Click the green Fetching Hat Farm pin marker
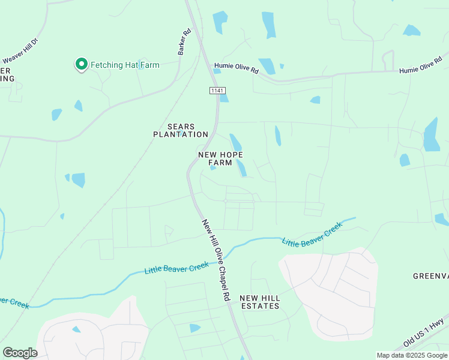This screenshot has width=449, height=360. [81, 64]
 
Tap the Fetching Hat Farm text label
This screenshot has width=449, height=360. [125, 65]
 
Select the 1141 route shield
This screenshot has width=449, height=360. [217, 90]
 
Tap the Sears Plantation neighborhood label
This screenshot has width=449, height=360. [179, 130]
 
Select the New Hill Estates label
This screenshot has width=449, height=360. [259, 302]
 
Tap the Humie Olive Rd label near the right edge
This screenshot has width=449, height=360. [424, 68]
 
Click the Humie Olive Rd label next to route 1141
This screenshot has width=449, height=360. [236, 67]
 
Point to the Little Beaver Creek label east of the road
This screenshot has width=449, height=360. [312, 235]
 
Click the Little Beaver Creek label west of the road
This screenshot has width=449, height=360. [176, 268]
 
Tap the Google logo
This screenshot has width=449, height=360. [20, 353]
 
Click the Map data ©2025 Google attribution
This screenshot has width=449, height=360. [412, 355]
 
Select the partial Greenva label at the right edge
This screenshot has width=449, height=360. [430, 276]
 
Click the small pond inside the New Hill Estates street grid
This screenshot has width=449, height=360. [195, 328]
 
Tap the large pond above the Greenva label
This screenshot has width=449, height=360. [431, 134]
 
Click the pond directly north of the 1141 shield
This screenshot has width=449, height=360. [220, 22]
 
